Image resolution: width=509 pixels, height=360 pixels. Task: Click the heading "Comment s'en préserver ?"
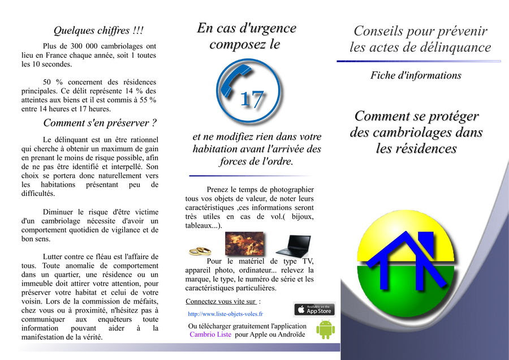pyautogui.click(x=100, y=123)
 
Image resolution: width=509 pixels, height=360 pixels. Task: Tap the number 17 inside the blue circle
pyautogui.click(x=252, y=100)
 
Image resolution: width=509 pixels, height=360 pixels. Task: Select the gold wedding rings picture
pyautogui.click(x=200, y=250)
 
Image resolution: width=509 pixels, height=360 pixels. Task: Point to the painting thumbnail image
pyautogui.click(x=244, y=244)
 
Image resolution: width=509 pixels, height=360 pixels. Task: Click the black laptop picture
pyautogui.click(x=293, y=246)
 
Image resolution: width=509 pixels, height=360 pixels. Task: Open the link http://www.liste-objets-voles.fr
pyautogui.click(x=225, y=314)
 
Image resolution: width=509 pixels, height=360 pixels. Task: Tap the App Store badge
pyautogui.click(x=314, y=310)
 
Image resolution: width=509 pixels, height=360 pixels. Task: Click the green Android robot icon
pyautogui.click(x=325, y=329)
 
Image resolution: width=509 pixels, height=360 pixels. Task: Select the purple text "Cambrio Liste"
pyautogui.click(x=211, y=335)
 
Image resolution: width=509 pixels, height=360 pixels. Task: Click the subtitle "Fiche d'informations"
pyautogui.click(x=416, y=75)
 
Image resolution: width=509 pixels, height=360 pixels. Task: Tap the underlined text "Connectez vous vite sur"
pyautogui.click(x=221, y=301)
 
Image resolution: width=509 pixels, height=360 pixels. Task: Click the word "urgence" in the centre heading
pyautogui.click(x=269, y=28)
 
